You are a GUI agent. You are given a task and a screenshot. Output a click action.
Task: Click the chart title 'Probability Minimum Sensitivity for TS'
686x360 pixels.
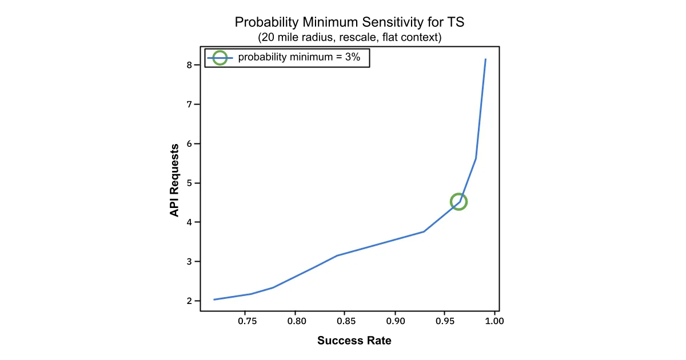[350, 23]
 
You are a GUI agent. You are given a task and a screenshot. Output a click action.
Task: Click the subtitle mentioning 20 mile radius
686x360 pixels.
[350, 38]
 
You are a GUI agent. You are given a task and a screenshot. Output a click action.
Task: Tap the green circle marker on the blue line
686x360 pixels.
[458, 201]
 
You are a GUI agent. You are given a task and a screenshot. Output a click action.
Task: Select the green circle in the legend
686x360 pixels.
[220, 57]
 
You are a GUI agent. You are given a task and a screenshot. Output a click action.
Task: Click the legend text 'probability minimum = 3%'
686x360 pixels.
[299, 57]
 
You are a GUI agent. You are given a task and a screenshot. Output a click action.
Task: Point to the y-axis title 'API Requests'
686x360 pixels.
[175, 179]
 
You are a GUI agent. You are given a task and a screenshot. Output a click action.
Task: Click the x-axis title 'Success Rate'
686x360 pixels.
[354, 341]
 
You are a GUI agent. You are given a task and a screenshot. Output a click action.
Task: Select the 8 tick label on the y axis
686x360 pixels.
[189, 65]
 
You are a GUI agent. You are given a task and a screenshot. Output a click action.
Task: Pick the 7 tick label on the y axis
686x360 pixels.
[189, 105]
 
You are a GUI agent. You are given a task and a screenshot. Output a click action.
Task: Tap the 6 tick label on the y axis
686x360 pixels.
[189, 144]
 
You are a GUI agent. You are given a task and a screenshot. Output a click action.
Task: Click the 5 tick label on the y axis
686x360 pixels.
[189, 183]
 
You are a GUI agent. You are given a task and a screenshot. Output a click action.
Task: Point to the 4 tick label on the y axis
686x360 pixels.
[189, 222]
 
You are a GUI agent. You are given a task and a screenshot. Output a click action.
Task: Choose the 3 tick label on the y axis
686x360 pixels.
[189, 262]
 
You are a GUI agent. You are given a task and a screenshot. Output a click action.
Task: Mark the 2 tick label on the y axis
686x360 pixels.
[189, 301]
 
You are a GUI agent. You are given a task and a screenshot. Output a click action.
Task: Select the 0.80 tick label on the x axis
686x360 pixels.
[295, 321]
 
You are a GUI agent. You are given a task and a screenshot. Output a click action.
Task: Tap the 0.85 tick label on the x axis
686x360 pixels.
[345, 321]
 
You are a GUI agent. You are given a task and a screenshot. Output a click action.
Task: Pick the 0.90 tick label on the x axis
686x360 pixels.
[394, 321]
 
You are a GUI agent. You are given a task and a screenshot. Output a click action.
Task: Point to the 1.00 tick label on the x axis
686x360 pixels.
[494, 321]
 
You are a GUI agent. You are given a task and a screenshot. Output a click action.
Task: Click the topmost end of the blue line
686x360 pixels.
[485, 59]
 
